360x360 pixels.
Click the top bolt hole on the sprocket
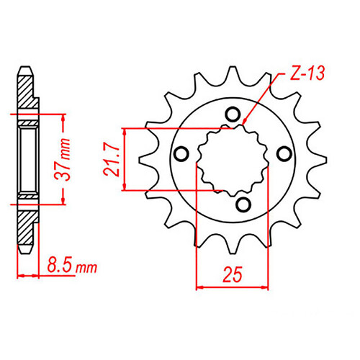tap(232, 113)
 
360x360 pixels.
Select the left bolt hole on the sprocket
tap(181, 153)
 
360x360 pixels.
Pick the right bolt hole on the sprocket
tap(284, 153)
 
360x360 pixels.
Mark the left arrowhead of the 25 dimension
tap(200, 287)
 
